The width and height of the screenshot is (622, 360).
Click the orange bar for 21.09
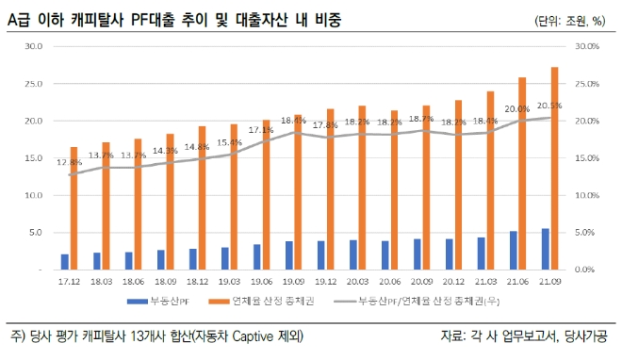coord(554,169)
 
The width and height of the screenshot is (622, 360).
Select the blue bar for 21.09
coord(545,250)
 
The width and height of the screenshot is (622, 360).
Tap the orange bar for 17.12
coord(74,208)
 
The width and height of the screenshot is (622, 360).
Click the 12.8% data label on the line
coord(69,162)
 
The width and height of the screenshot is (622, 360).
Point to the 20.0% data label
coord(516,109)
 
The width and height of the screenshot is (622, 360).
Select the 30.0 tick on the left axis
coord(34,46)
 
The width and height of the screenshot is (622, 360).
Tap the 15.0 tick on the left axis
coord(34,158)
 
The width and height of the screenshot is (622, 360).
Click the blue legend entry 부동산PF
coord(154,302)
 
